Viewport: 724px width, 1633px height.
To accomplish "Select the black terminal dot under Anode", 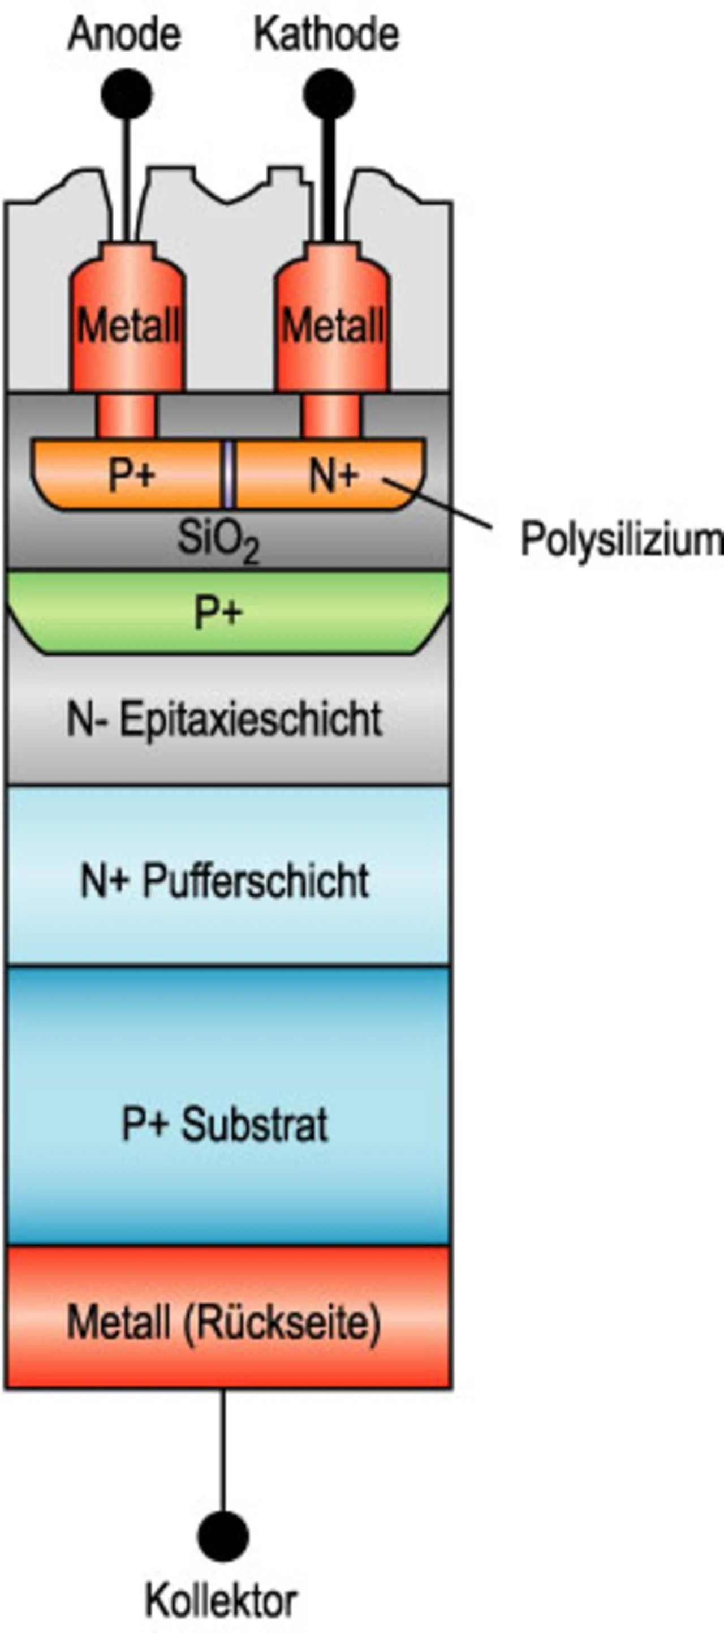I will point(127,95).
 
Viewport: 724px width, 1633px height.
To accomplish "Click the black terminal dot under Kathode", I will point(328,95).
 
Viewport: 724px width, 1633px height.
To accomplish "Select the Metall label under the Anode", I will point(128,326).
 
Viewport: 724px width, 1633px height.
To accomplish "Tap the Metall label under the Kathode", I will point(333,326).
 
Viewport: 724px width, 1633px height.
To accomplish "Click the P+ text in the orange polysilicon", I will point(132,475).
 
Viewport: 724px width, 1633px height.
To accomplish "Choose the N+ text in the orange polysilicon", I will point(334,475).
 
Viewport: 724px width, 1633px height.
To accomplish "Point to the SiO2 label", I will point(218,540).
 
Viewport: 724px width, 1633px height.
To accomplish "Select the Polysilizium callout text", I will point(620,540).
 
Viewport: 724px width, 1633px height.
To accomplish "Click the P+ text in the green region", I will point(218,612).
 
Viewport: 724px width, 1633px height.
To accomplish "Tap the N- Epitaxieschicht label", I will point(225,719).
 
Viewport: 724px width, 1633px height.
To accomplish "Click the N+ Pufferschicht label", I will point(225,881).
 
